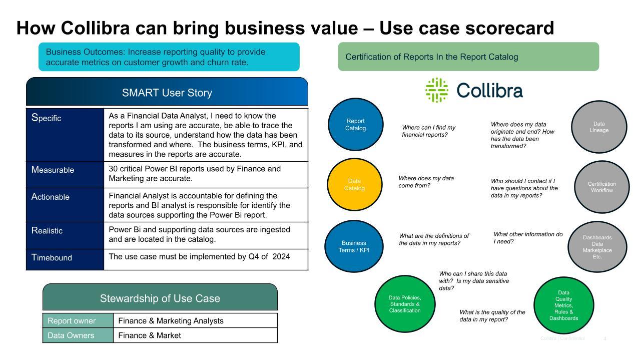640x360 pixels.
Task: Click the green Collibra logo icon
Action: [436, 90]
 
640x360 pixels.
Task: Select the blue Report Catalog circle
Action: [355, 124]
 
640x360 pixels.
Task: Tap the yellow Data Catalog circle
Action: [355, 184]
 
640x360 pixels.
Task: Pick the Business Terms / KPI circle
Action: [354, 246]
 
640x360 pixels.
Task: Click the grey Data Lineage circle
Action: [599, 127]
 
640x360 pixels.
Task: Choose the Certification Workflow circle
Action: [601, 187]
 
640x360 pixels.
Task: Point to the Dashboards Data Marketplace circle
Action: [597, 247]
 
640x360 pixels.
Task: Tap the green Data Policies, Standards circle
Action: [405, 303]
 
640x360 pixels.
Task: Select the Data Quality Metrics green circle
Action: [564, 305]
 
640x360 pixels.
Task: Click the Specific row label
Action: [46, 118]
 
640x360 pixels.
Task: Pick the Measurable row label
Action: [53, 170]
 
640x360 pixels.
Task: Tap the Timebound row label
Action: [52, 257]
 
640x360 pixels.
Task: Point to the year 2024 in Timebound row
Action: [281, 256]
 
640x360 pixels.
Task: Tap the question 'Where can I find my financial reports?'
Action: [428, 131]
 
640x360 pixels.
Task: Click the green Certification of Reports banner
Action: [468, 57]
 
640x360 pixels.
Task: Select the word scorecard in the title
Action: [509, 28]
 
